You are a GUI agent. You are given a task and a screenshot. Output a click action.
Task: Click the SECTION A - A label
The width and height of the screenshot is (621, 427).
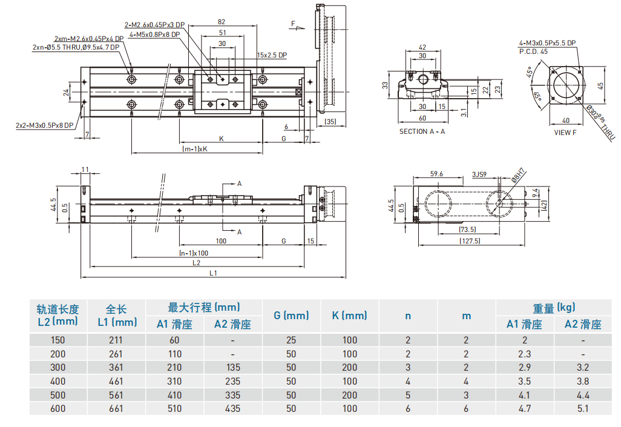(422, 131)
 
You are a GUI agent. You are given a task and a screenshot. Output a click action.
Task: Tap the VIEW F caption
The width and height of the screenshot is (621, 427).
(565, 132)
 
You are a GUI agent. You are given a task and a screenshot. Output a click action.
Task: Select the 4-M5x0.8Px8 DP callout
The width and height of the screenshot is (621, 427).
(154, 35)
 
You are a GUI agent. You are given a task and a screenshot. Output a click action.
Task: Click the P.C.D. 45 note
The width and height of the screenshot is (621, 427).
(533, 51)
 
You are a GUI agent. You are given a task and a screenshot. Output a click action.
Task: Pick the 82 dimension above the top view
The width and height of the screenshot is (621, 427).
(222, 22)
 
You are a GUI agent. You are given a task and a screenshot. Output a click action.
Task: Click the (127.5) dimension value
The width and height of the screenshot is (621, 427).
(468, 240)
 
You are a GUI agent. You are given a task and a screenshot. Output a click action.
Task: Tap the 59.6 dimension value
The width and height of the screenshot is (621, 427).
(436, 174)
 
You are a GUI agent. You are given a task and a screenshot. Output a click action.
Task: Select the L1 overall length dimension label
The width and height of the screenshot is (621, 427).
(213, 273)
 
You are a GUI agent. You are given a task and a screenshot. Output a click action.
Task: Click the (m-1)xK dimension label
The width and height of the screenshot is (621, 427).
(195, 149)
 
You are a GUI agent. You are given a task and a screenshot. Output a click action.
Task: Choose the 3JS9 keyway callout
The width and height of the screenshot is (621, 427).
(479, 174)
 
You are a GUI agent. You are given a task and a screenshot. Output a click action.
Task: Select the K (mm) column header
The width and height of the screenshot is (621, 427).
(349, 316)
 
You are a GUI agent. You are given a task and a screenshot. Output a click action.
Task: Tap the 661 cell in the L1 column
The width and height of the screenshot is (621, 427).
(114, 409)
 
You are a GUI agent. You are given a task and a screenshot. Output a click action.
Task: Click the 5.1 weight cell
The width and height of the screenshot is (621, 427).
(583, 409)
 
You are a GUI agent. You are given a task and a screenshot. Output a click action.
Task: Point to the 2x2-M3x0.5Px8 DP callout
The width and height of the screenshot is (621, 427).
(45, 125)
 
